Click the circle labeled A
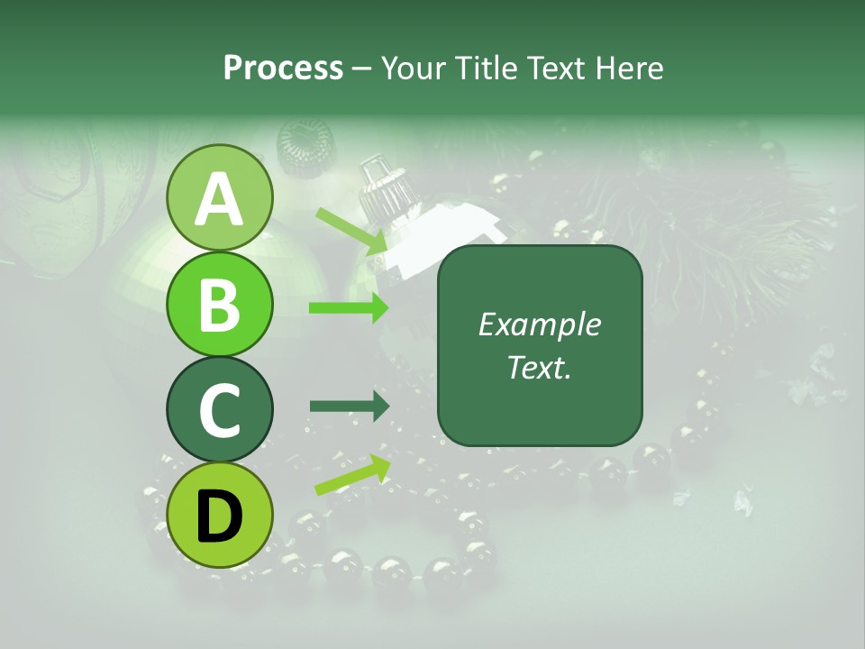point(220,197)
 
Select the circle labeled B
point(220,304)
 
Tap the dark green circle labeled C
point(220,410)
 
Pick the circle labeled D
point(220,516)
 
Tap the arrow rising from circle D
point(352,475)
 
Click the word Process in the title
point(283,68)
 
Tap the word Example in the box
point(539,324)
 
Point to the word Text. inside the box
point(539,367)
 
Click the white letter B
point(220,304)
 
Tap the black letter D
point(220,516)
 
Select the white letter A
point(220,198)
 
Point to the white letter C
point(220,410)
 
